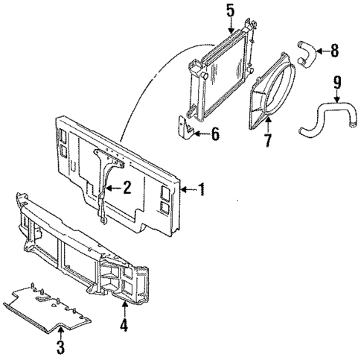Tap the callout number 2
click(127, 189)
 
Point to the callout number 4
click(124, 325)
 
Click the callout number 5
click(230, 10)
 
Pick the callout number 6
click(216, 135)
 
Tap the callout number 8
click(334, 51)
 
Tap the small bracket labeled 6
click(187, 129)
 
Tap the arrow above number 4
click(124, 309)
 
